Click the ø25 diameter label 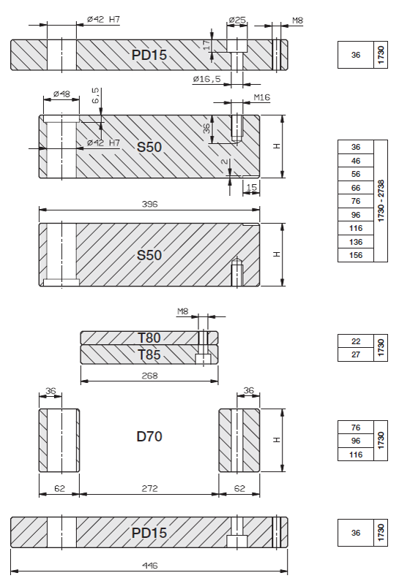pos(237,20)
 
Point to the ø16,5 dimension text pos(207,79)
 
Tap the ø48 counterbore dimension pos(61,94)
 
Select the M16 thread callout pos(262,97)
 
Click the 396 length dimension pos(149,204)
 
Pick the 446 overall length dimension pos(149,566)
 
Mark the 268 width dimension pos(149,376)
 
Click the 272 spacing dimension pos(149,489)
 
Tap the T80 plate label pos(149,338)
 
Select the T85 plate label pos(149,355)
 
